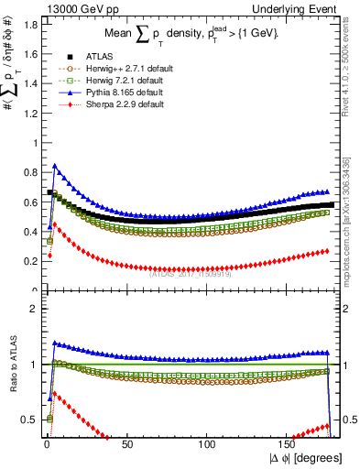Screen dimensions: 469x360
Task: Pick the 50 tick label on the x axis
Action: (126, 442)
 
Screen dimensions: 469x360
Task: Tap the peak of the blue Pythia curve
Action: (55, 166)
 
